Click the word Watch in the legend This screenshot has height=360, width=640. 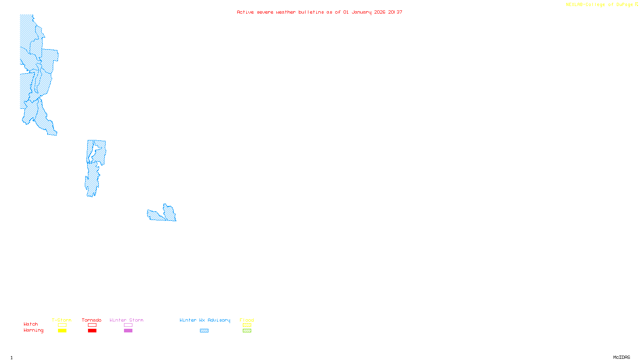31,324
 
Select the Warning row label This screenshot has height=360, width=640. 33,330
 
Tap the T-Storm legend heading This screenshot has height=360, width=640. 62,320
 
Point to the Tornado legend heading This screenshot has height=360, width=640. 92,320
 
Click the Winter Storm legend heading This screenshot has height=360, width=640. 126,320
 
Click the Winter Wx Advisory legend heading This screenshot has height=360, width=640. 205,320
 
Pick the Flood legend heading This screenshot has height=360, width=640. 247,320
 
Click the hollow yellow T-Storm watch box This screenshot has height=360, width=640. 62,325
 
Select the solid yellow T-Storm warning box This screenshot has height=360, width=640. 62,331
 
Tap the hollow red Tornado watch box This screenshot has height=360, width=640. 92,325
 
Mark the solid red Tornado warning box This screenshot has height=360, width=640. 92,331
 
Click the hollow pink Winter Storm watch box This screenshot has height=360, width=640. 128,325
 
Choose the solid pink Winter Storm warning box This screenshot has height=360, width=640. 128,331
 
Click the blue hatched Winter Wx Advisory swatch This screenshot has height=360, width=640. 204,331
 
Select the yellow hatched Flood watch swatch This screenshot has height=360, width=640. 247,325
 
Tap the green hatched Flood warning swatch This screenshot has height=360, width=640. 247,331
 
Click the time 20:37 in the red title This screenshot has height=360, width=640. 395,12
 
